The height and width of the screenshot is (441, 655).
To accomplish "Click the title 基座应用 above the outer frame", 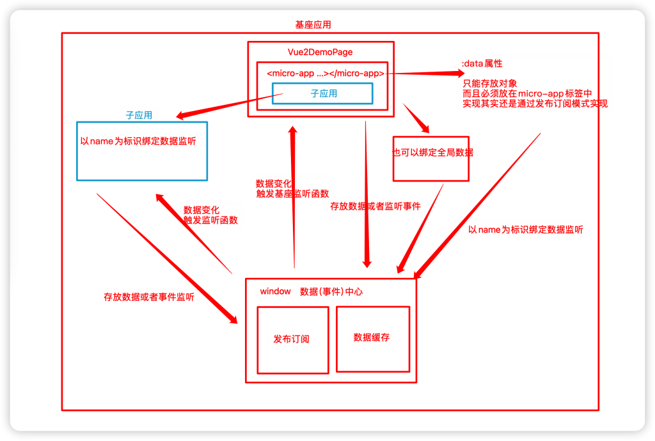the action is click(x=313, y=25).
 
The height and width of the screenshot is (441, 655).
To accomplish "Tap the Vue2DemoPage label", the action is click(x=320, y=52).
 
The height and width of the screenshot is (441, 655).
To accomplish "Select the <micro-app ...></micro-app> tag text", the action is click(x=326, y=73).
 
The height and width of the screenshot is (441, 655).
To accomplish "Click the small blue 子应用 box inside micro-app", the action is click(x=322, y=93).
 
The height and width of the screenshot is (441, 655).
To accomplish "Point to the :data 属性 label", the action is click(x=482, y=63).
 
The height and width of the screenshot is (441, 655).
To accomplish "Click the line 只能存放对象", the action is click(x=490, y=84).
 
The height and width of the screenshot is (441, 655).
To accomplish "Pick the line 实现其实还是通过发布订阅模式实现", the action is click(x=535, y=104).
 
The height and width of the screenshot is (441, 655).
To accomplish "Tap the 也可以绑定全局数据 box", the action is click(x=431, y=159).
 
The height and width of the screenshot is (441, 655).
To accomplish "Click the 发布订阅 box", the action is click(x=293, y=340).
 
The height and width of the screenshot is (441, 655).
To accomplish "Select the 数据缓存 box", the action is click(x=373, y=339).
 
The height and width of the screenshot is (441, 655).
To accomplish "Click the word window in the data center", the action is click(x=275, y=291).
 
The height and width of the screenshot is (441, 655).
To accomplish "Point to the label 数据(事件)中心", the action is click(x=331, y=291).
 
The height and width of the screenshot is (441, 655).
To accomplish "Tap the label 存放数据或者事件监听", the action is click(x=149, y=297).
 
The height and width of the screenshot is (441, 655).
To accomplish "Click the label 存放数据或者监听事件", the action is click(x=375, y=206).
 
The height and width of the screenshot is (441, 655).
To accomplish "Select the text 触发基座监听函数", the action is click(x=292, y=194).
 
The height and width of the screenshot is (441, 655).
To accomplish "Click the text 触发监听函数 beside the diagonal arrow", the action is click(x=210, y=220).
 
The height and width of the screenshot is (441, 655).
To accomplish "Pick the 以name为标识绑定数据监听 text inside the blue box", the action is click(x=138, y=141).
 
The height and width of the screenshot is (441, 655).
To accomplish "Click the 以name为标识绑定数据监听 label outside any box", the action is click(x=526, y=229).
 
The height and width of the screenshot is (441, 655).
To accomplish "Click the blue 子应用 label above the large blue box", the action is click(x=139, y=115).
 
